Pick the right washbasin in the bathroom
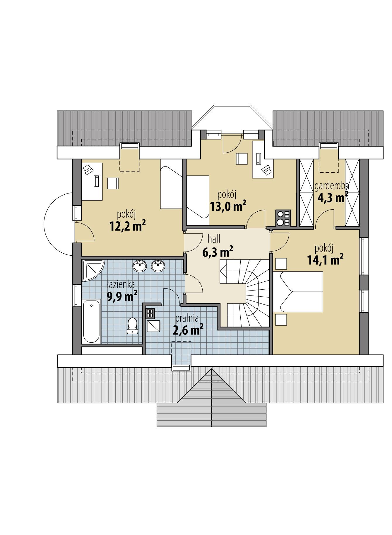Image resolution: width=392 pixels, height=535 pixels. click(158, 266)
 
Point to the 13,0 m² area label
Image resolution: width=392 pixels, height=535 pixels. click(228, 206)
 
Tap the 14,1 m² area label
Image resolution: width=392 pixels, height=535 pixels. click(325, 259)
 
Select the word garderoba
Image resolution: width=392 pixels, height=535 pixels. click(332, 186)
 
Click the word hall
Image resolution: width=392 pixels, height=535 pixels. click(214, 239)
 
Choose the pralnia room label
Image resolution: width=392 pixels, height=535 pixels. click(187, 318)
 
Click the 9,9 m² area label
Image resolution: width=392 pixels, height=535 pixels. click(122, 296)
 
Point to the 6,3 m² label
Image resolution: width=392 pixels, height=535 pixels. click(218, 251)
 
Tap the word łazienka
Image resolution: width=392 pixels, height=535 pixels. click(121, 284)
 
